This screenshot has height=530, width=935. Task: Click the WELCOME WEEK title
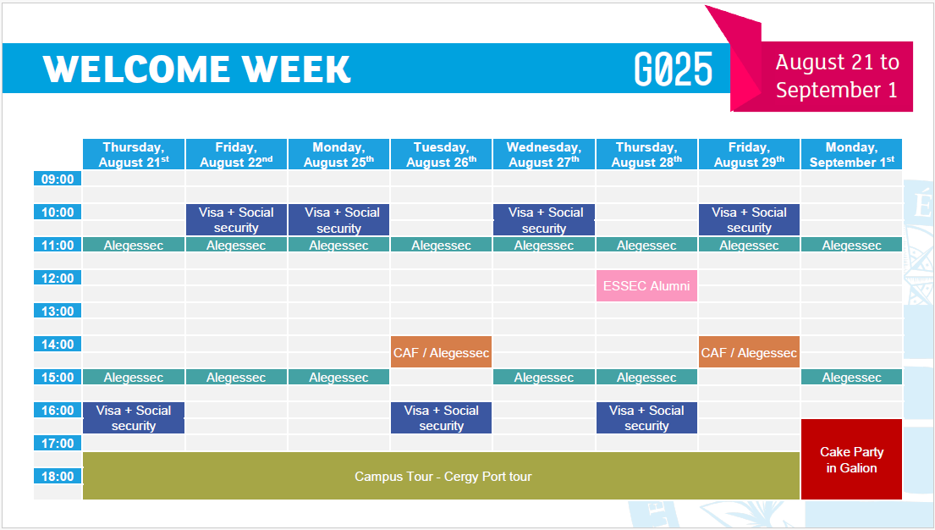click(197, 69)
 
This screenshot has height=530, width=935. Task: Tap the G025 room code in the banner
click(674, 69)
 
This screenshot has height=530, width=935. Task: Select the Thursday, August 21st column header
click(134, 155)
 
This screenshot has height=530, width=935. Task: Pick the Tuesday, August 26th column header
click(441, 155)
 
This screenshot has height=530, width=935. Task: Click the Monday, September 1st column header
click(851, 155)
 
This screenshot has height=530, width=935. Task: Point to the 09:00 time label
click(58, 179)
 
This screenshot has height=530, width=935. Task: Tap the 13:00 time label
click(58, 311)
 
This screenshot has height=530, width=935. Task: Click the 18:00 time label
click(58, 477)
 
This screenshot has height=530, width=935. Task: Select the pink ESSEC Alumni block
click(646, 286)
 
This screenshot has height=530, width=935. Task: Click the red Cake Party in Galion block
click(851, 460)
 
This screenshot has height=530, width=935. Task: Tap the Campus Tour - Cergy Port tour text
click(443, 477)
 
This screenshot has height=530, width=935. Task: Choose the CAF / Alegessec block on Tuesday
click(441, 352)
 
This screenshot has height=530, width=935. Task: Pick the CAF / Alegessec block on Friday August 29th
click(749, 352)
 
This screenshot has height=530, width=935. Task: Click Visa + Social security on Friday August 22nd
click(236, 219)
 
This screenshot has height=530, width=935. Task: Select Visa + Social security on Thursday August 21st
click(134, 417)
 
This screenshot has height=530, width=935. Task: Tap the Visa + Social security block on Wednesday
click(544, 219)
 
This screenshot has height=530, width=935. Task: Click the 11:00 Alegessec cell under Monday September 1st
click(851, 245)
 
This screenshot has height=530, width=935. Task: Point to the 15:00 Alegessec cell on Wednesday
click(544, 378)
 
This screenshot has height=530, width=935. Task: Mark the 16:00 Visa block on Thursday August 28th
click(646, 417)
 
